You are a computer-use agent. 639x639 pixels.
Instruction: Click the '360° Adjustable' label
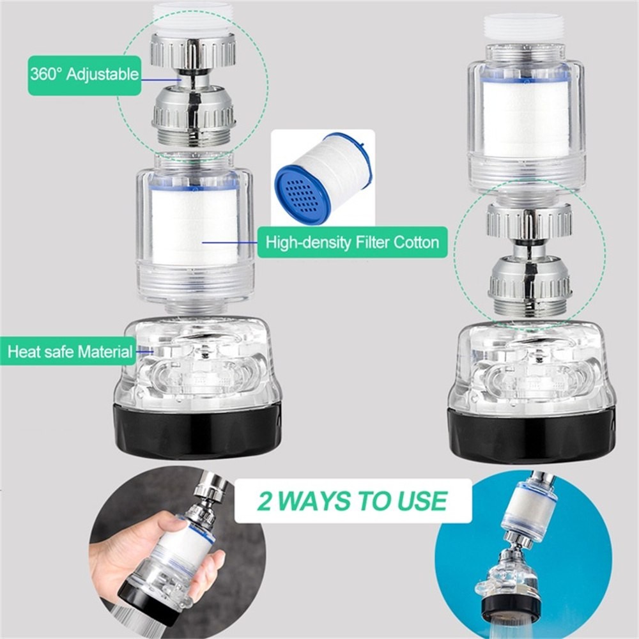tap(84, 75)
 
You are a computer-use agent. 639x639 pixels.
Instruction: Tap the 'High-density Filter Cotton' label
tap(352, 242)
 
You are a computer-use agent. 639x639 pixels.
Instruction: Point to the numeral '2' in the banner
tap(266, 500)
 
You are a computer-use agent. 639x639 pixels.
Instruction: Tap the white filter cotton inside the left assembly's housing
tap(194, 227)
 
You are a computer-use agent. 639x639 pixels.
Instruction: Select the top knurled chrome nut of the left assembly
tap(193, 50)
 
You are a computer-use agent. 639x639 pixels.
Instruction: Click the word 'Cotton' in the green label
tap(416, 242)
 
